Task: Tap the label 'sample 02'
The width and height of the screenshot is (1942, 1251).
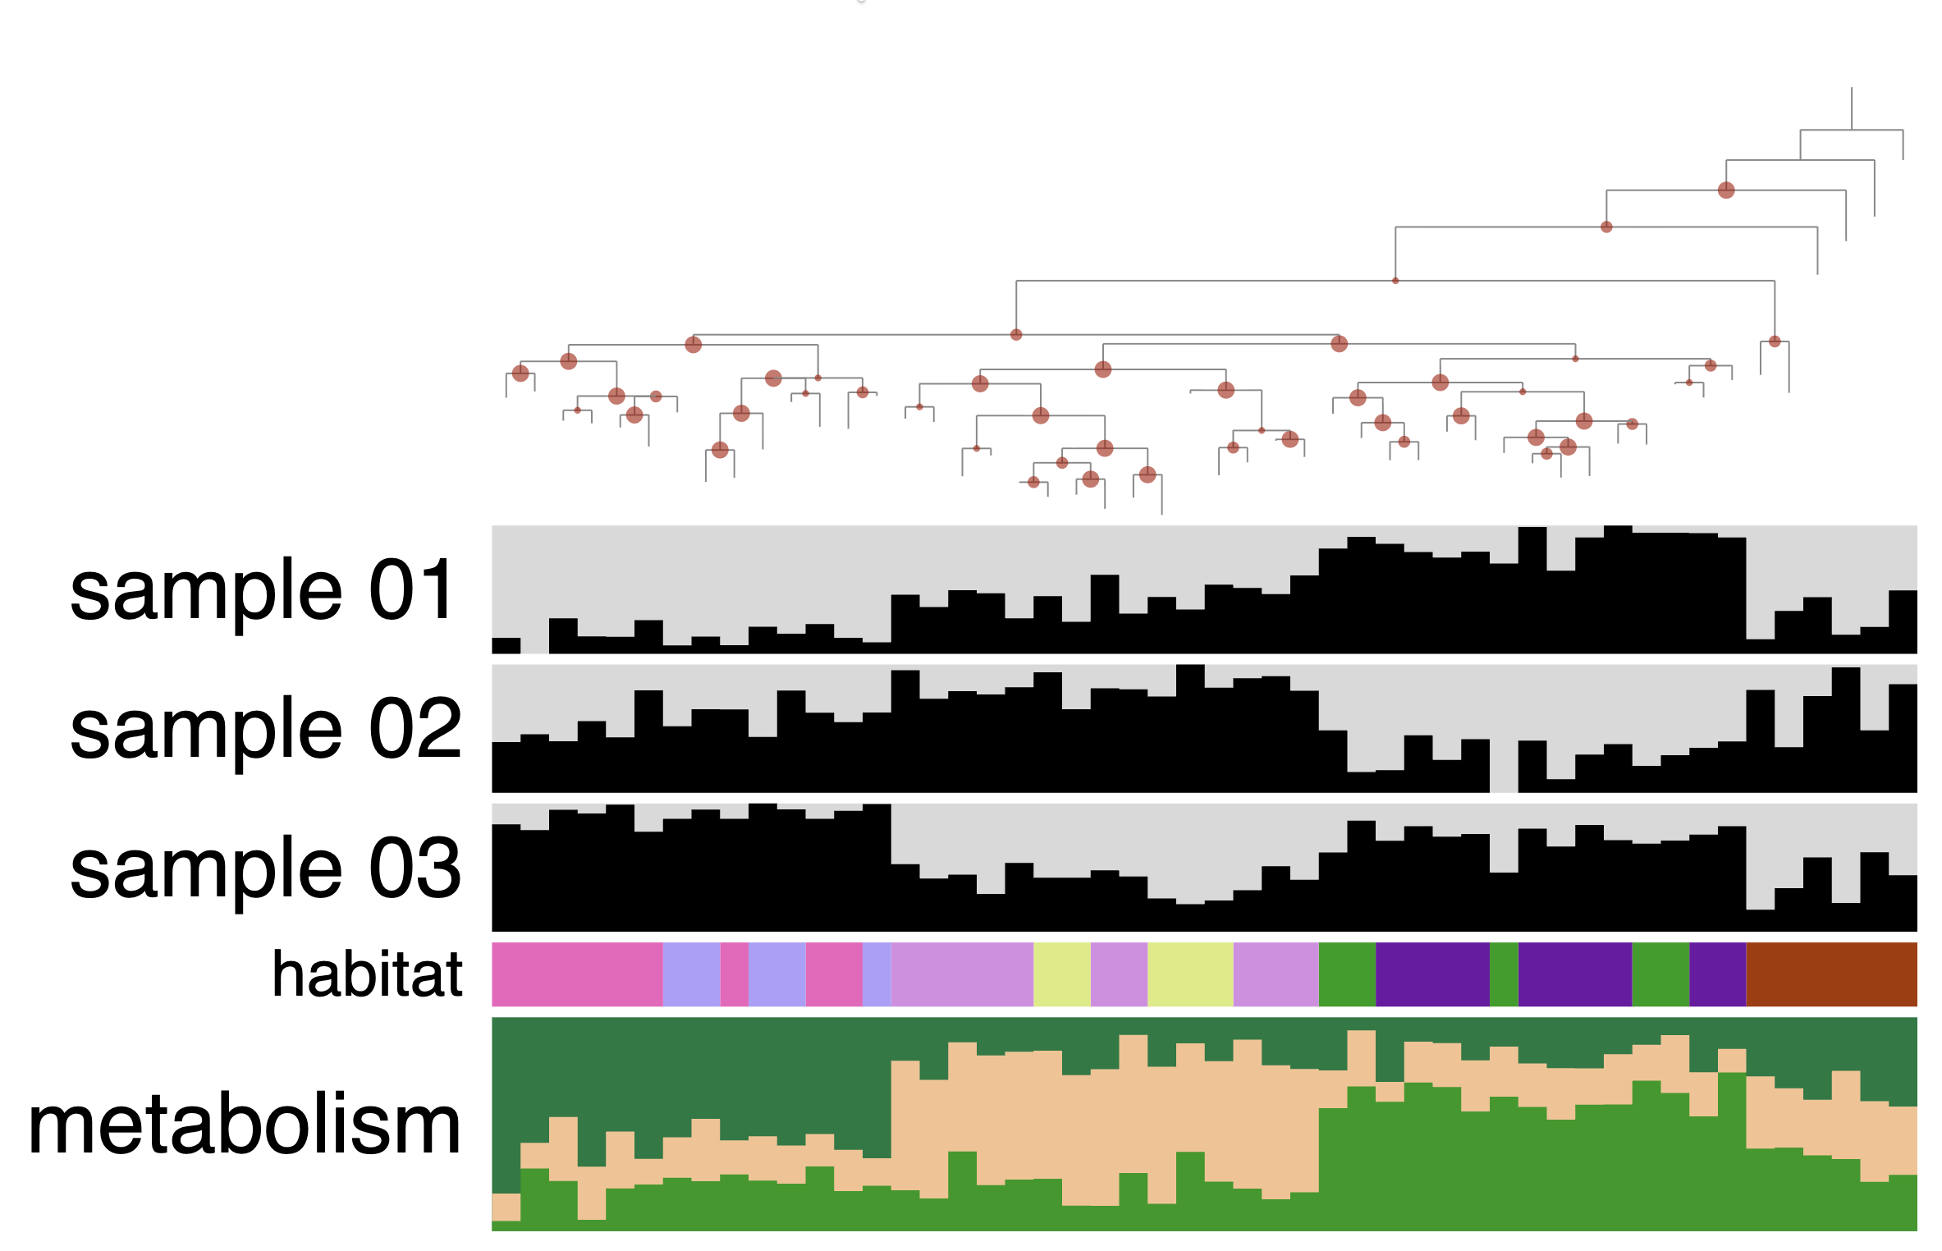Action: (x=264, y=729)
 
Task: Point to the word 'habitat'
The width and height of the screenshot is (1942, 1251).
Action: (x=367, y=974)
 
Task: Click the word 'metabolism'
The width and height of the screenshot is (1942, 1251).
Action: (x=244, y=1125)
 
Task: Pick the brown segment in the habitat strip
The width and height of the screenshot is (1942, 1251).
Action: (x=1830, y=974)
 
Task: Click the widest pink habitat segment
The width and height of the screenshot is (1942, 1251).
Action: (x=576, y=974)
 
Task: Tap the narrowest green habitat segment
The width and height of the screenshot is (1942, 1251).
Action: (x=1503, y=974)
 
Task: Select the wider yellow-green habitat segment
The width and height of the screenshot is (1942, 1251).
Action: (x=1189, y=974)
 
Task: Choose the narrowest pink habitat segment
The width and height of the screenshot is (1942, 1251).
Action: (x=734, y=974)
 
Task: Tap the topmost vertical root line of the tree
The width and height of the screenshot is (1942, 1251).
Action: (x=1851, y=108)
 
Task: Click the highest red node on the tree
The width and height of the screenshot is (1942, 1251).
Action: (x=1725, y=190)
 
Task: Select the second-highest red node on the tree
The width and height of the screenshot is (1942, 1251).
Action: (x=1605, y=227)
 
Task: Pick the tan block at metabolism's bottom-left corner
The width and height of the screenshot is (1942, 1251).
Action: (x=506, y=1207)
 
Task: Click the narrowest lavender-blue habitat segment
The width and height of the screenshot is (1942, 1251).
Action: (x=876, y=974)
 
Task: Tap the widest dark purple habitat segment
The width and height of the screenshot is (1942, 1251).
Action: (x=1431, y=974)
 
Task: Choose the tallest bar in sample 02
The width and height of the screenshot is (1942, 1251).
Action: (x=1189, y=729)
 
